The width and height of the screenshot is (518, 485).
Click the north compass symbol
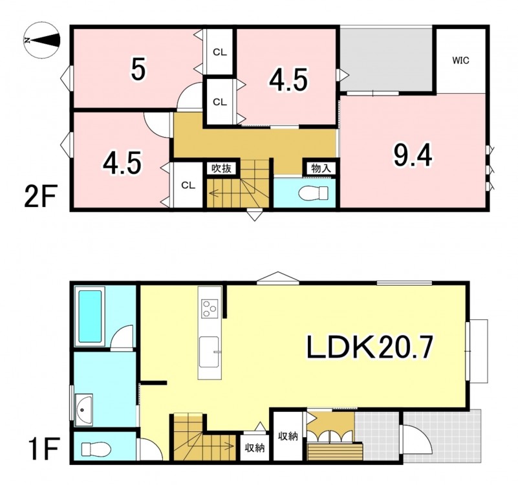42,40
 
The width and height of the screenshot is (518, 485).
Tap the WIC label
460,61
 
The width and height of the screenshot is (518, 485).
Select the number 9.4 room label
413,156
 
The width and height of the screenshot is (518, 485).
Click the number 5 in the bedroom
138,69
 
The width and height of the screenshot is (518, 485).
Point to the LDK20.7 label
370,347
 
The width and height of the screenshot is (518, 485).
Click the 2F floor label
41,196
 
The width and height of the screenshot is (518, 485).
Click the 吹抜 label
221,169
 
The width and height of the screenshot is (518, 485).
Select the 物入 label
321,169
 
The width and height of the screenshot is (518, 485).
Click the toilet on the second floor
313,193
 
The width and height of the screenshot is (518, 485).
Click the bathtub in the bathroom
90,316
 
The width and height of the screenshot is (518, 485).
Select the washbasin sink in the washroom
84,410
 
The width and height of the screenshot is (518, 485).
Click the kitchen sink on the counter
209,352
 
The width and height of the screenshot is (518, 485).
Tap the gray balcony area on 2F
386,59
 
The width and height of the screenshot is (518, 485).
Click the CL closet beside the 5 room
219,52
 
